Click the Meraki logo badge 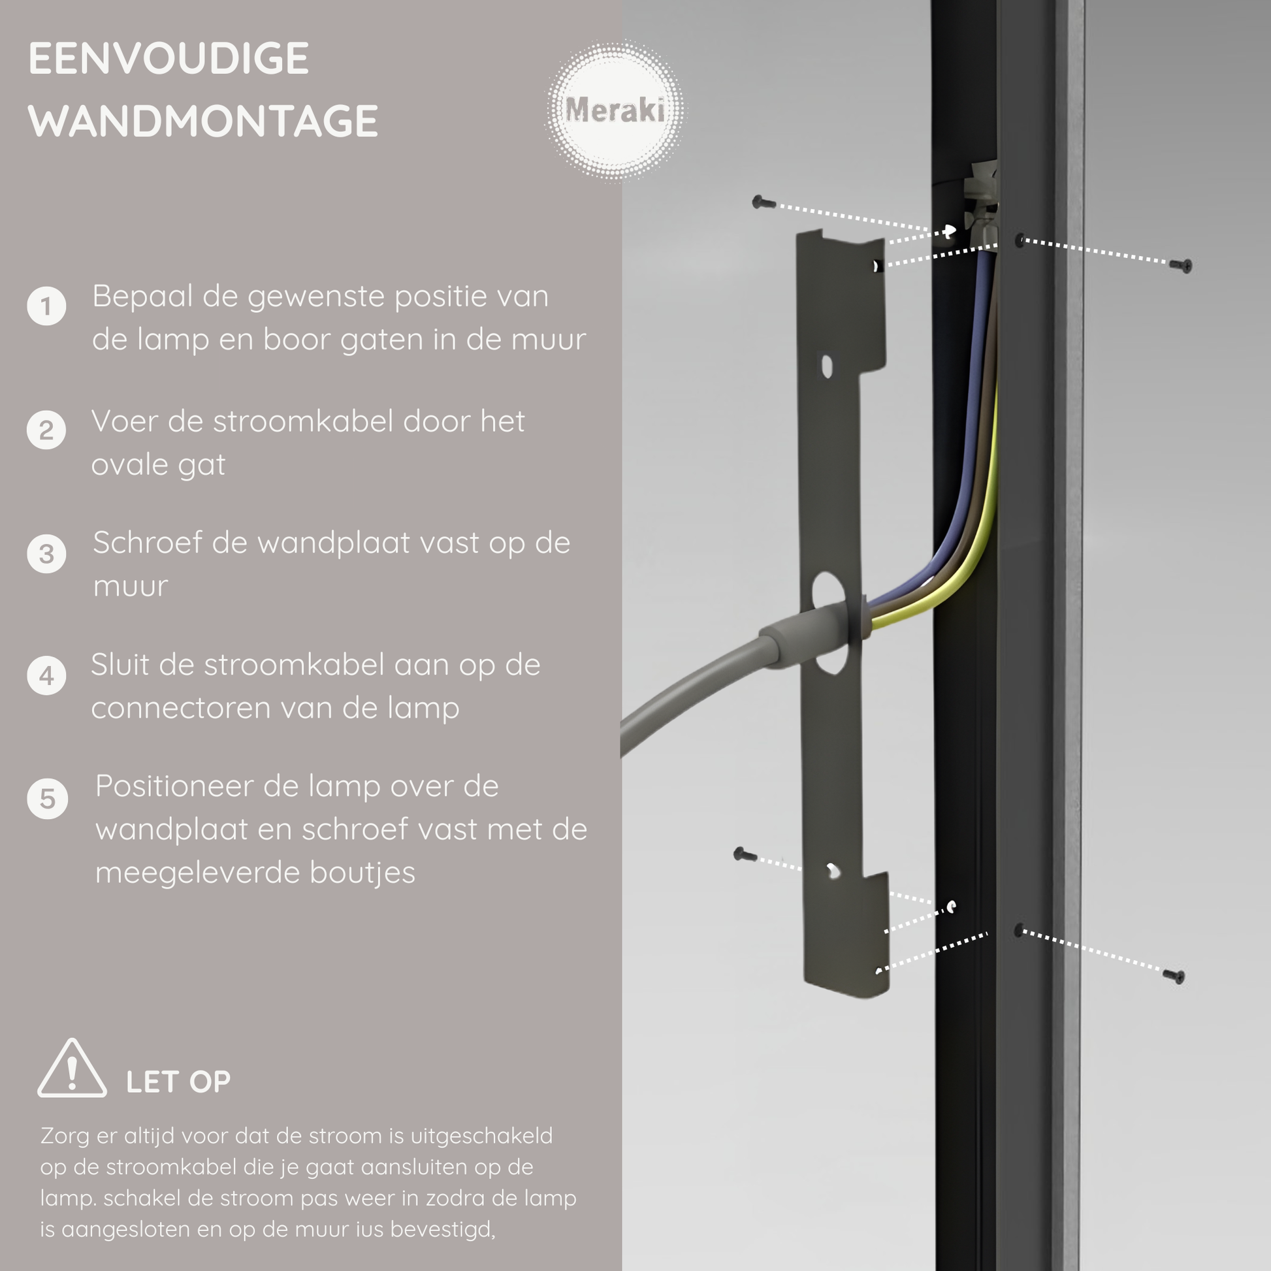[x=614, y=110]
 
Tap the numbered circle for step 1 [x=46, y=306]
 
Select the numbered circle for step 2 [x=46, y=430]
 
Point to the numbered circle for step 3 [x=46, y=554]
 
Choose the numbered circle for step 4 [x=46, y=675]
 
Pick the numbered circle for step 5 [x=47, y=799]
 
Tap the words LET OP [x=178, y=1082]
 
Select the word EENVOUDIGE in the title [x=169, y=59]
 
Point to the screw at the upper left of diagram [x=763, y=202]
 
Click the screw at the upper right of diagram [x=1181, y=265]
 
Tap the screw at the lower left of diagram [x=745, y=854]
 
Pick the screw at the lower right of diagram [x=1174, y=976]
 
